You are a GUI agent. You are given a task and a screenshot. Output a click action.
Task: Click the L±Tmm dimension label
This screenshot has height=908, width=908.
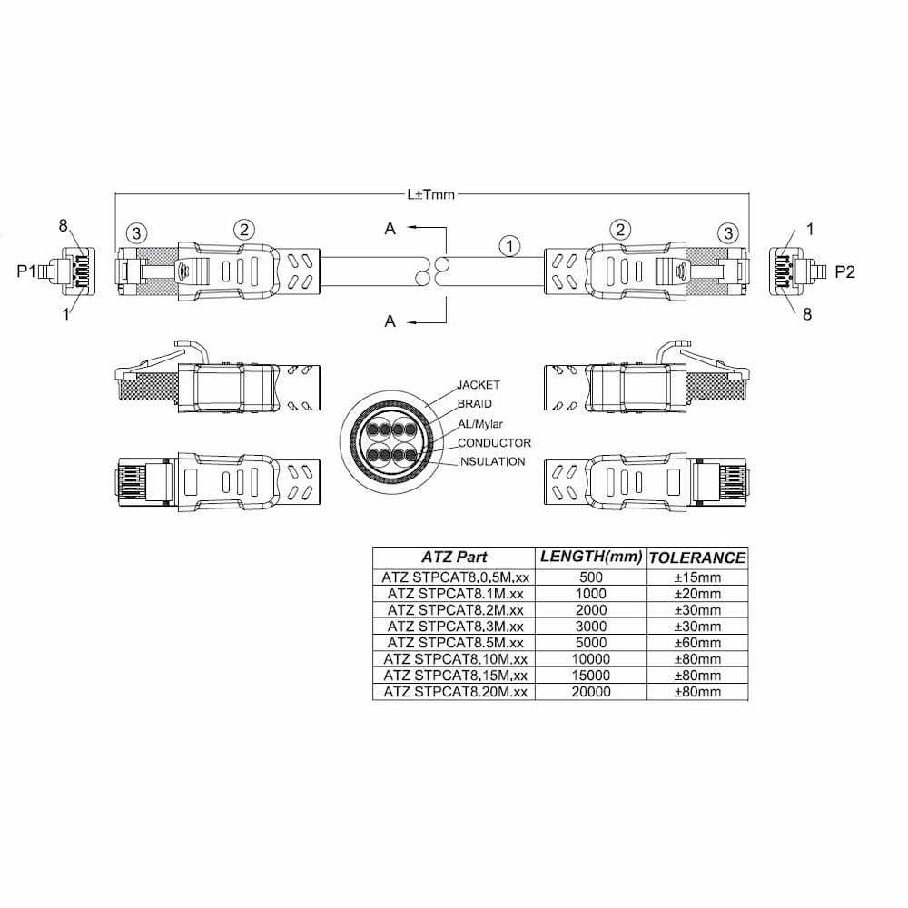(431, 194)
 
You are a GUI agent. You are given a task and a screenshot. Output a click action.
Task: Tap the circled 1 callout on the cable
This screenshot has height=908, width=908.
(509, 246)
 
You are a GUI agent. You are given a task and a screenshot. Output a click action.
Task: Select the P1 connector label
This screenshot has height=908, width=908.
(26, 271)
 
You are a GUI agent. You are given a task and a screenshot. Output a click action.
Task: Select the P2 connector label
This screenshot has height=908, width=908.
(844, 271)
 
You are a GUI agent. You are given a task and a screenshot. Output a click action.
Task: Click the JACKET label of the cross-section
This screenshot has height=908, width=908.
(479, 384)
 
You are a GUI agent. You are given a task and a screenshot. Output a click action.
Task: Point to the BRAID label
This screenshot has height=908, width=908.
(474, 404)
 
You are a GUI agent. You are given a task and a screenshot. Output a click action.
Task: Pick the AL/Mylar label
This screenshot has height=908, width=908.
(480, 424)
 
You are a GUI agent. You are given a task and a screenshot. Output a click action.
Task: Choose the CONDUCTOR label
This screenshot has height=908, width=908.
(494, 443)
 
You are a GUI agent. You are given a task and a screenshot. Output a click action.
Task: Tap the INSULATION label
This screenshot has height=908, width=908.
(491, 461)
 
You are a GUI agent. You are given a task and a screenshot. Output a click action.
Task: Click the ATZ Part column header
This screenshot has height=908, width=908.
(454, 558)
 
